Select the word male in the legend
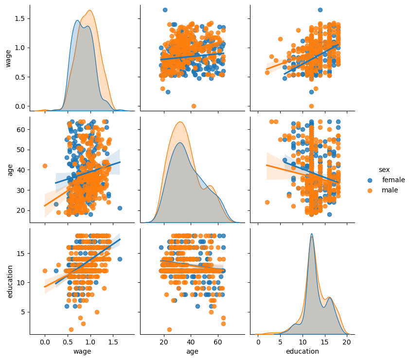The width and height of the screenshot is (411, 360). point(390,190)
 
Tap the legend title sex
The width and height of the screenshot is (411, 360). point(385,169)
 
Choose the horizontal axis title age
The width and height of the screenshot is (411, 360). point(192,351)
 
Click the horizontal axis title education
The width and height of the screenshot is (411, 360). point(302,351)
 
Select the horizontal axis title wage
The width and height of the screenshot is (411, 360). point(82,351)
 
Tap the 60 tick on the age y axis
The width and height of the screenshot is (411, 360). point(21,130)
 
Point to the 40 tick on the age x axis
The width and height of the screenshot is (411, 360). point(191,342)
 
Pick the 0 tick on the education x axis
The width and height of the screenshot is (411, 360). point(258,342)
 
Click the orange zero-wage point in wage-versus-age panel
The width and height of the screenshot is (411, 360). point(194,106)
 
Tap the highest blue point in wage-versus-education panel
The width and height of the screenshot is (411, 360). point(320,10)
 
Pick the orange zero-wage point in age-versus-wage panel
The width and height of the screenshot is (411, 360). point(45,166)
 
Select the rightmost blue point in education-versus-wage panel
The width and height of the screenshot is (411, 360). point(120,259)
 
